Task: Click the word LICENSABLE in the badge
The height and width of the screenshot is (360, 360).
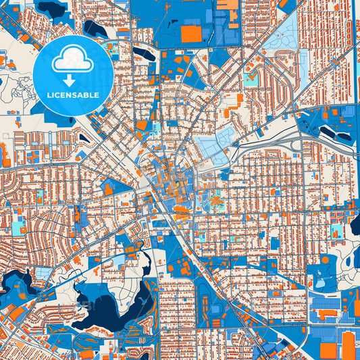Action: (72, 95)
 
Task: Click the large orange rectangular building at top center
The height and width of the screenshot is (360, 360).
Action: (191, 34)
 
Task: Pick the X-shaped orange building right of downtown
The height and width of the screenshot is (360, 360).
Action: (216, 201)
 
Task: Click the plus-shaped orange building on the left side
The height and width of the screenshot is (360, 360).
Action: (32, 157)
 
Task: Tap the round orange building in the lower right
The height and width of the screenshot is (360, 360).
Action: (325, 259)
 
